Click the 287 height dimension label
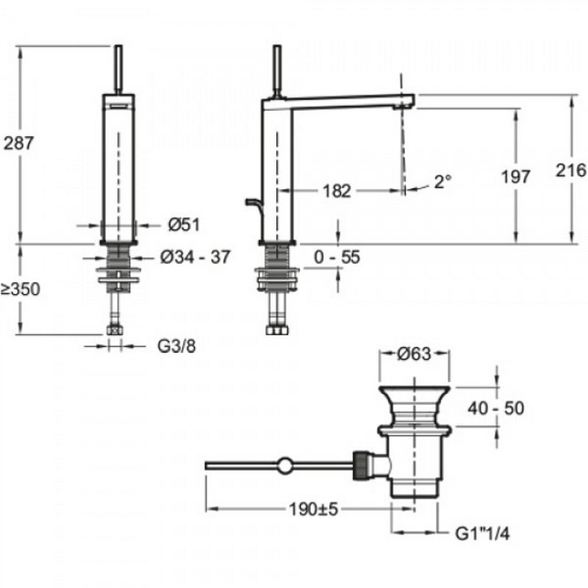[20, 144]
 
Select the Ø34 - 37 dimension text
[195, 257]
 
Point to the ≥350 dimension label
[20, 289]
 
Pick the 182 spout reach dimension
[337, 191]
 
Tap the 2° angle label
[441, 182]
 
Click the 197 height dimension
[516, 176]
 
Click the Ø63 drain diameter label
[414, 354]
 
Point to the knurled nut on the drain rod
[362, 465]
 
